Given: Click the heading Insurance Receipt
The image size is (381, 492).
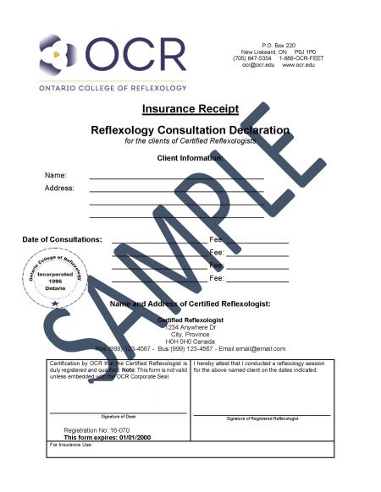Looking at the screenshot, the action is click(190, 109).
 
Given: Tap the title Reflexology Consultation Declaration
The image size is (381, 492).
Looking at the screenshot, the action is click(190, 130).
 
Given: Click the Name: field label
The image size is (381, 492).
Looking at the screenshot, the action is click(56, 175).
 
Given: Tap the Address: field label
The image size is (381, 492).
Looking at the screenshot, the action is click(59, 188).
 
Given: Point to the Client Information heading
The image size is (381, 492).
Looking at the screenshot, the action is click(190, 158).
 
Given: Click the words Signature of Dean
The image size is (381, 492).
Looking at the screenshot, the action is click(119, 417).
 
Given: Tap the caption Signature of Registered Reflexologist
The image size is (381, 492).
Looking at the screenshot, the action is click(262, 418).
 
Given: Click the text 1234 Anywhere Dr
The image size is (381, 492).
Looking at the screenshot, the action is click(190, 327).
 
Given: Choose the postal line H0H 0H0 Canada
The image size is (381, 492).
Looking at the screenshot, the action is click(190, 341).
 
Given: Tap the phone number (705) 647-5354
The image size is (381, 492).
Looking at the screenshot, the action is click(251, 57).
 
